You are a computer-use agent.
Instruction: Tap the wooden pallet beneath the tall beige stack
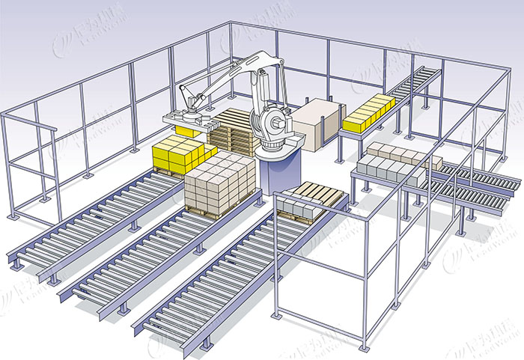pos(217,212)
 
